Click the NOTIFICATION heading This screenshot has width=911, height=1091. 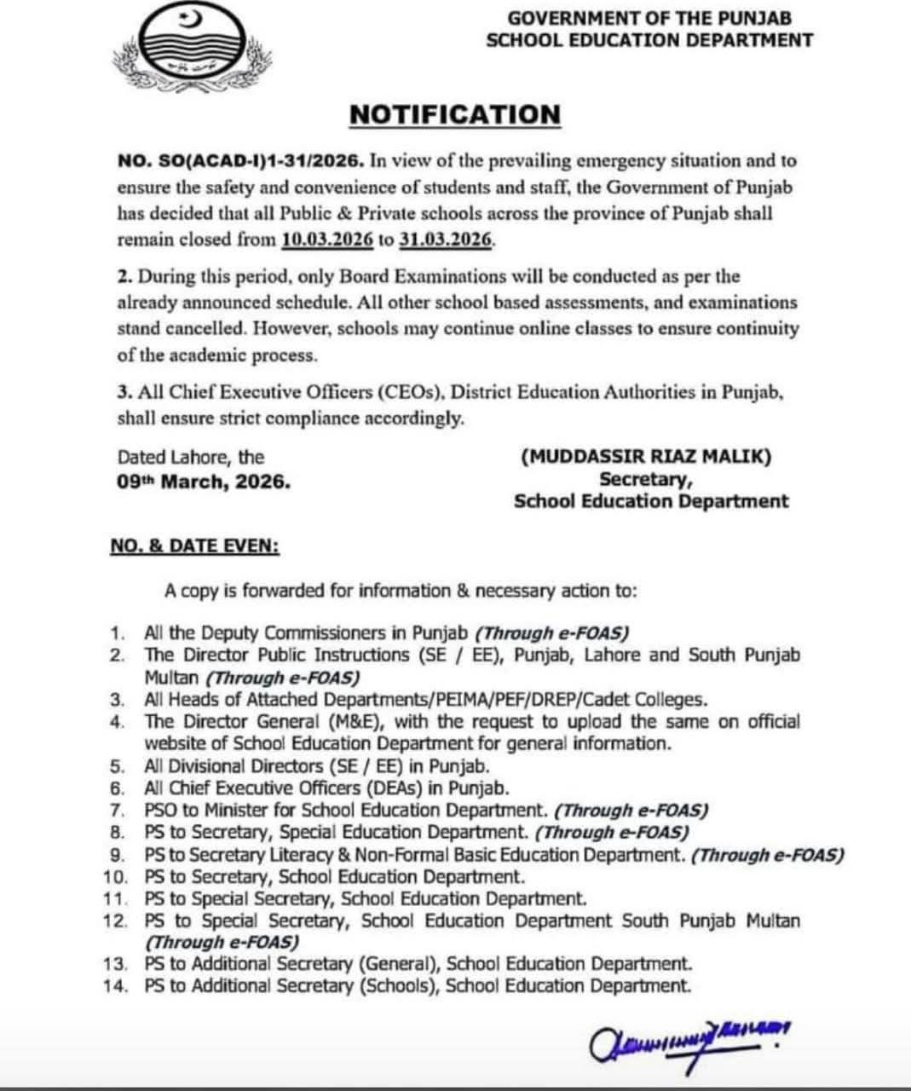click(x=455, y=114)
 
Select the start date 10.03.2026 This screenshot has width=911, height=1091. click(x=327, y=240)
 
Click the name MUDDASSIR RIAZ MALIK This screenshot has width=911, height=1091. click(x=646, y=457)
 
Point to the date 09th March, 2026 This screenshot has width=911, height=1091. click(x=204, y=482)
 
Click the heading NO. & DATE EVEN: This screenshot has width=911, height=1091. click(x=194, y=545)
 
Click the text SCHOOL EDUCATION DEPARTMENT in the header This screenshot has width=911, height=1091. click(x=649, y=40)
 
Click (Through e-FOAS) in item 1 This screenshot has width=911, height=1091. click(x=551, y=633)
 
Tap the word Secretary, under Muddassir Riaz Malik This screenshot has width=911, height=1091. click(x=645, y=479)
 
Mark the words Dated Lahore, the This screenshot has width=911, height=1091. click(x=191, y=458)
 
